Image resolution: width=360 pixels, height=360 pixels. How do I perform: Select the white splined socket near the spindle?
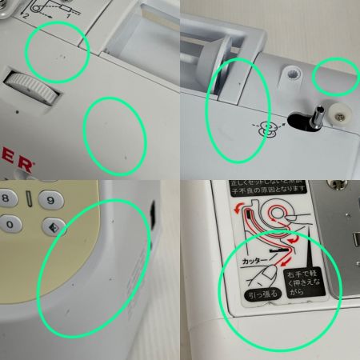(x=294, y=74)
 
